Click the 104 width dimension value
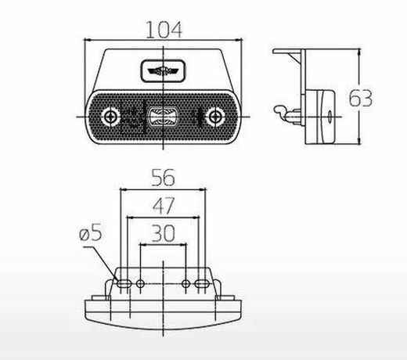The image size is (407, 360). pos(164,30)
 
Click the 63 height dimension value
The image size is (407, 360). pos(361,98)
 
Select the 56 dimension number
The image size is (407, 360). pos(163,178)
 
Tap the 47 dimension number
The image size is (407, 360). pos(164,206)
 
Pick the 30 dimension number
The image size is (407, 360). pos(164,233)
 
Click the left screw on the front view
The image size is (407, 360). pos(110,117)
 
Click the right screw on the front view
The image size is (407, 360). pos(215,117)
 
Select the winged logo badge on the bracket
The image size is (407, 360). pos(163,70)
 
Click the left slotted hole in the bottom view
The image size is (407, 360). pos(124,283)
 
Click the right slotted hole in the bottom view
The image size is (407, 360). pos(202,283)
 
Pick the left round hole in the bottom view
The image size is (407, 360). pos(140,283)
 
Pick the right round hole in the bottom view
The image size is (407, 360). pos(185,283)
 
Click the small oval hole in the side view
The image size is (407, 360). pos(330,117)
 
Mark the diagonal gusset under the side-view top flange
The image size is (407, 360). pos(294,59)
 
